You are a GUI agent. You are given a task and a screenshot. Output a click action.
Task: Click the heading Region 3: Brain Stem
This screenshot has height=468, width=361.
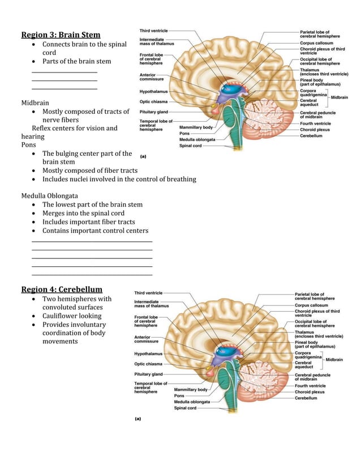(61, 35)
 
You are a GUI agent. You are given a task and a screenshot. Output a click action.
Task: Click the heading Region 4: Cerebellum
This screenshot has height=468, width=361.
(62, 290)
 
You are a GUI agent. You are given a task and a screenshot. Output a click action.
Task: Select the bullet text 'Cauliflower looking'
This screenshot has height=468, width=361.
(72, 316)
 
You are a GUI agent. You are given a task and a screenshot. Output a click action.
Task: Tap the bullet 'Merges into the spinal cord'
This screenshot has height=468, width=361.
(83, 214)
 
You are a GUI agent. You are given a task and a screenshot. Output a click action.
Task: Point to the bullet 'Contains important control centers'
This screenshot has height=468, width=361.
(95, 231)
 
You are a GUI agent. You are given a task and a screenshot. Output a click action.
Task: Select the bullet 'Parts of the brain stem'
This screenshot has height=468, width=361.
(76, 61)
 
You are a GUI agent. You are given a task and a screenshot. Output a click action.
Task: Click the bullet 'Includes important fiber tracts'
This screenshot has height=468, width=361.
(88, 222)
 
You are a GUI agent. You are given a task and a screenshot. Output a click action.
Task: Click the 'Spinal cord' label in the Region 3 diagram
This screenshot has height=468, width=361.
(190, 146)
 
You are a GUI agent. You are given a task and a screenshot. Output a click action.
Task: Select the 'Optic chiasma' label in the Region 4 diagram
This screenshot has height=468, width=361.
(148, 364)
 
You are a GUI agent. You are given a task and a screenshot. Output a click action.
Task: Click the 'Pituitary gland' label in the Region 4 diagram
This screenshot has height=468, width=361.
(148, 375)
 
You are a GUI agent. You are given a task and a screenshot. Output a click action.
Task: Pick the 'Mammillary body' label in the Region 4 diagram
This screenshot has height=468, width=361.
(191, 390)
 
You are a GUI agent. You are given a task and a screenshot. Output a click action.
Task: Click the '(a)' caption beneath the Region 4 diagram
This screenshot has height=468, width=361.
(137, 420)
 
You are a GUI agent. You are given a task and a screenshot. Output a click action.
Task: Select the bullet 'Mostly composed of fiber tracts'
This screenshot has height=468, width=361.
(89, 171)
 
